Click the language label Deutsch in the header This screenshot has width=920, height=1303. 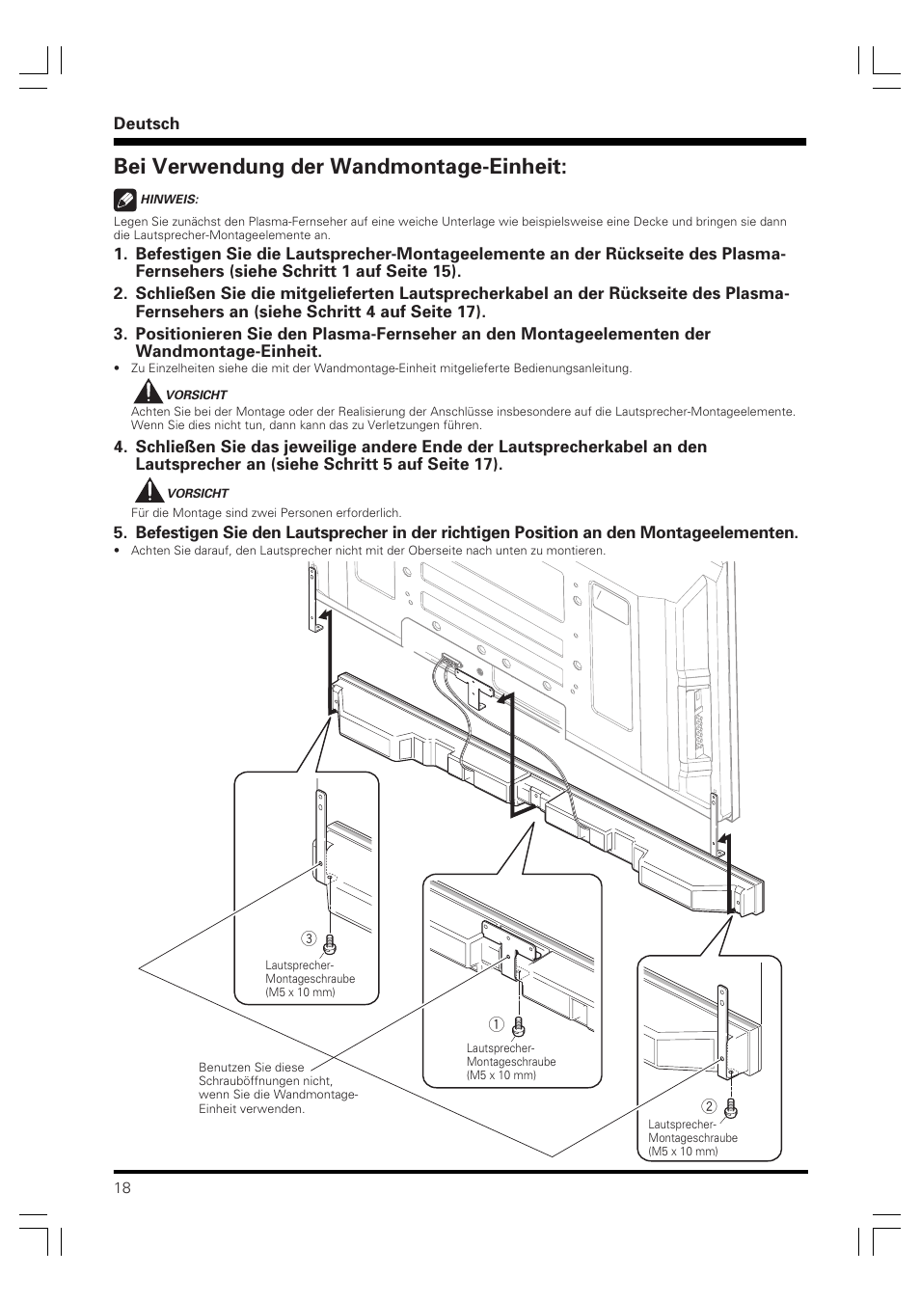click(147, 123)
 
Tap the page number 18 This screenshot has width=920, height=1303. click(122, 1187)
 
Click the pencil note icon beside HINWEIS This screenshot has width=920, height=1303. click(124, 200)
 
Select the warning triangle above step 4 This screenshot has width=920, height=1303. click(147, 393)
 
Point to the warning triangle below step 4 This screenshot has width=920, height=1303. click(147, 491)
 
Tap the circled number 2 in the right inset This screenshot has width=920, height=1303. click(707, 1105)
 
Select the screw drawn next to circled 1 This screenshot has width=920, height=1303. click(519, 1025)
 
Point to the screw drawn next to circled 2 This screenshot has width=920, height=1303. click(730, 1107)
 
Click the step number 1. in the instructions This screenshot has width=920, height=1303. click(120, 255)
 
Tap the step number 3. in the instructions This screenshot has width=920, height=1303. click(120, 335)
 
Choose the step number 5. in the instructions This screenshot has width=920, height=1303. click(120, 532)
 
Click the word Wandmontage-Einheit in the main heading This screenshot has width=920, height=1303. click(444, 167)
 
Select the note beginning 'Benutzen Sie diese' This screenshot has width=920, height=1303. click(278, 1088)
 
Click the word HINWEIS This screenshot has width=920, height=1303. click(170, 200)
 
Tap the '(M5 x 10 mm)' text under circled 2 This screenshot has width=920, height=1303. click(683, 1152)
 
